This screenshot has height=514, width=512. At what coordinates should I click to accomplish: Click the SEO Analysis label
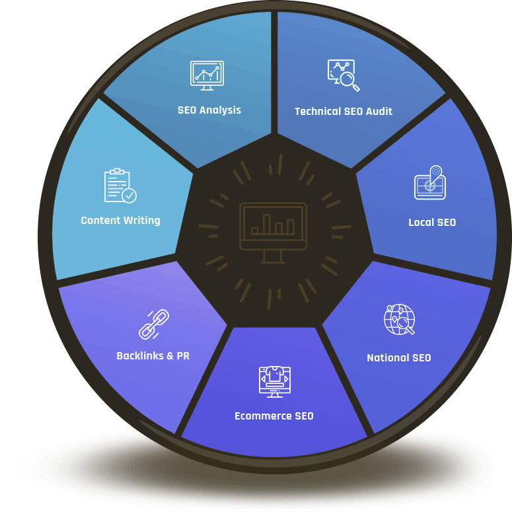click(209, 110)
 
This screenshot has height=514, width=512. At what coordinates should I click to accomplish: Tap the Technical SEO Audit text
click(344, 112)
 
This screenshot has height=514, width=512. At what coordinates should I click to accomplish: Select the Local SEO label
click(432, 223)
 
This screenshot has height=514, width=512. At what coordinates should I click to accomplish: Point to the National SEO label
click(398, 358)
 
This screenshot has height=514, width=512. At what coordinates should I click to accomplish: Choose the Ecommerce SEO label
click(274, 416)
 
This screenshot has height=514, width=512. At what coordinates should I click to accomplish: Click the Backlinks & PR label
click(153, 356)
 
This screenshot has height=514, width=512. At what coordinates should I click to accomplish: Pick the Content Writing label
click(120, 221)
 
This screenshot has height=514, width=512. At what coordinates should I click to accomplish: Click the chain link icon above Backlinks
click(153, 324)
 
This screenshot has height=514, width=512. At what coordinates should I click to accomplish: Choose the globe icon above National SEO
click(399, 320)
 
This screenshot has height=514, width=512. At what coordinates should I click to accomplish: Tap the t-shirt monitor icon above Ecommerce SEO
click(274, 381)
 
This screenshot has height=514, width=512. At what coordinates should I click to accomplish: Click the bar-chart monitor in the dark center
click(274, 230)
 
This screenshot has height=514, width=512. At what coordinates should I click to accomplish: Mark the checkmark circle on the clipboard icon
click(129, 196)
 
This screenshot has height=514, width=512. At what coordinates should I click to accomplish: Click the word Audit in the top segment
click(378, 112)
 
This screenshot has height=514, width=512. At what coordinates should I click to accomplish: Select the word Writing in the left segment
click(141, 221)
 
